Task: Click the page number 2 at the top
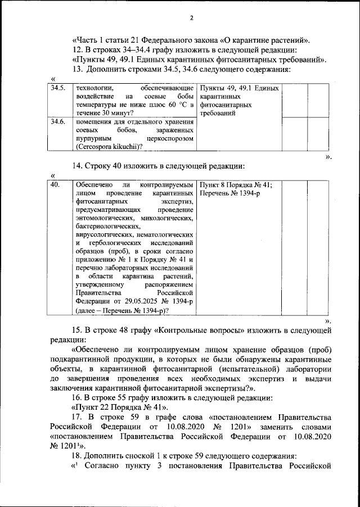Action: (191, 17)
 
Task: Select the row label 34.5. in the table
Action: (58, 88)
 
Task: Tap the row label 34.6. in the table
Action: (58, 121)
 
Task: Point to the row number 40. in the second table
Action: (55, 184)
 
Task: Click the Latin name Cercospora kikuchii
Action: (107, 147)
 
